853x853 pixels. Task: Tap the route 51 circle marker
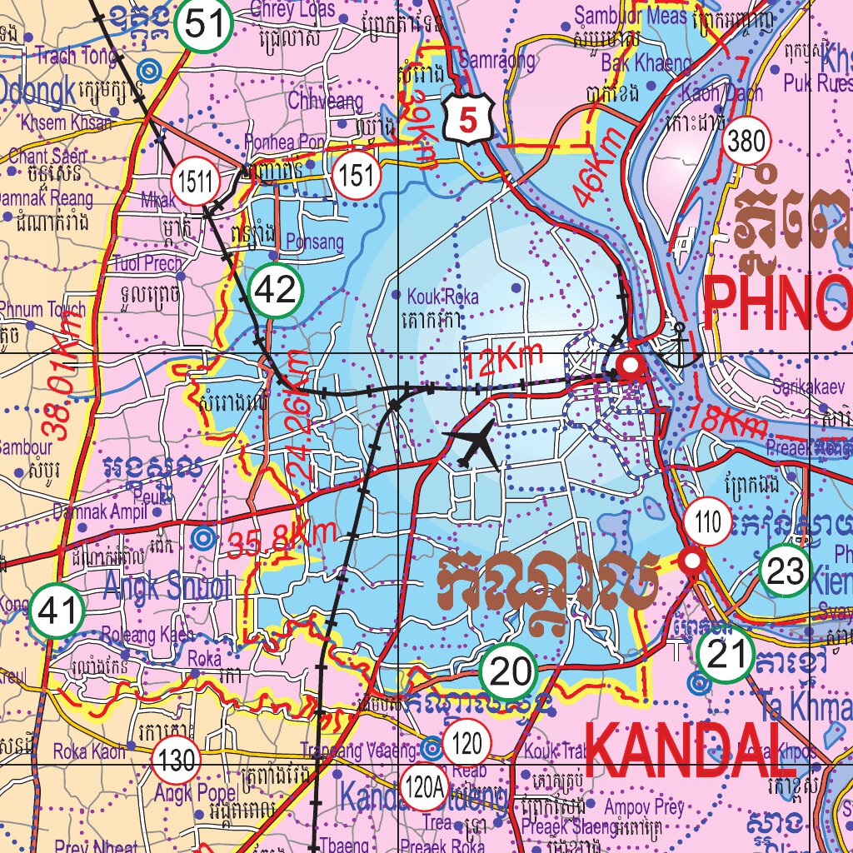[x=203, y=24]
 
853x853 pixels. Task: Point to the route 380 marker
[x=745, y=142]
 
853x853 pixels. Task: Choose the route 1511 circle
[x=195, y=180]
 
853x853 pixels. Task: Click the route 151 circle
[x=356, y=176]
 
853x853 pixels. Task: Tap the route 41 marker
[x=57, y=612]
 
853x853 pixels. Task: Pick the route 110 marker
[x=707, y=523]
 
